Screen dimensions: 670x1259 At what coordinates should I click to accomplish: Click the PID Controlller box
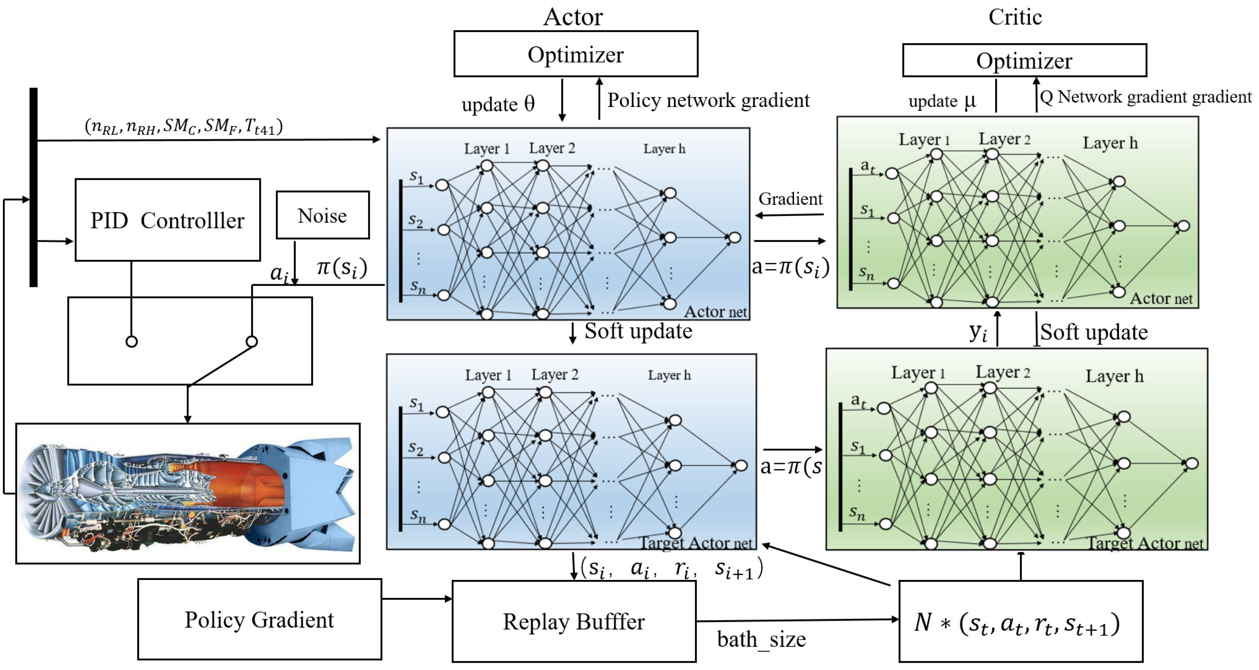coord(167,220)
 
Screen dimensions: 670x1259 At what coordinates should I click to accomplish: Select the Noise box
coord(323,215)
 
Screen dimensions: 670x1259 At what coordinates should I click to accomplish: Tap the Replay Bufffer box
coord(574,621)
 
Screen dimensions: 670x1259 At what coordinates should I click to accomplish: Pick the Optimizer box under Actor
coord(575,54)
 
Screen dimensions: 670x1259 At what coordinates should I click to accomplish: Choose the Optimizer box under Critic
coord(1024,60)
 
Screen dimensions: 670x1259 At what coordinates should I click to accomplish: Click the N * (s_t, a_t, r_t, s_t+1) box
coord(1020,621)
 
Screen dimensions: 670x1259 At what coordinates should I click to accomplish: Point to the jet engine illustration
coord(188,494)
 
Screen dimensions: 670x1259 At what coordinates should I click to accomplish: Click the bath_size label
coord(761,639)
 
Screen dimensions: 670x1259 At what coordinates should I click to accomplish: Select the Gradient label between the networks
coord(790,199)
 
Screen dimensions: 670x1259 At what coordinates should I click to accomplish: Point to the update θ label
coord(497,104)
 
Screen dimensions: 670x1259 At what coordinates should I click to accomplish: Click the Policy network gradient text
coord(708,100)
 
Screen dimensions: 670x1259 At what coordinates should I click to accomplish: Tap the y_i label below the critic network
coord(978,332)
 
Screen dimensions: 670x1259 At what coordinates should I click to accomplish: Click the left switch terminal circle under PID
coord(132,342)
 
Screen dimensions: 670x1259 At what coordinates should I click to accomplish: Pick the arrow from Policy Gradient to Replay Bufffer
coord(416,599)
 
